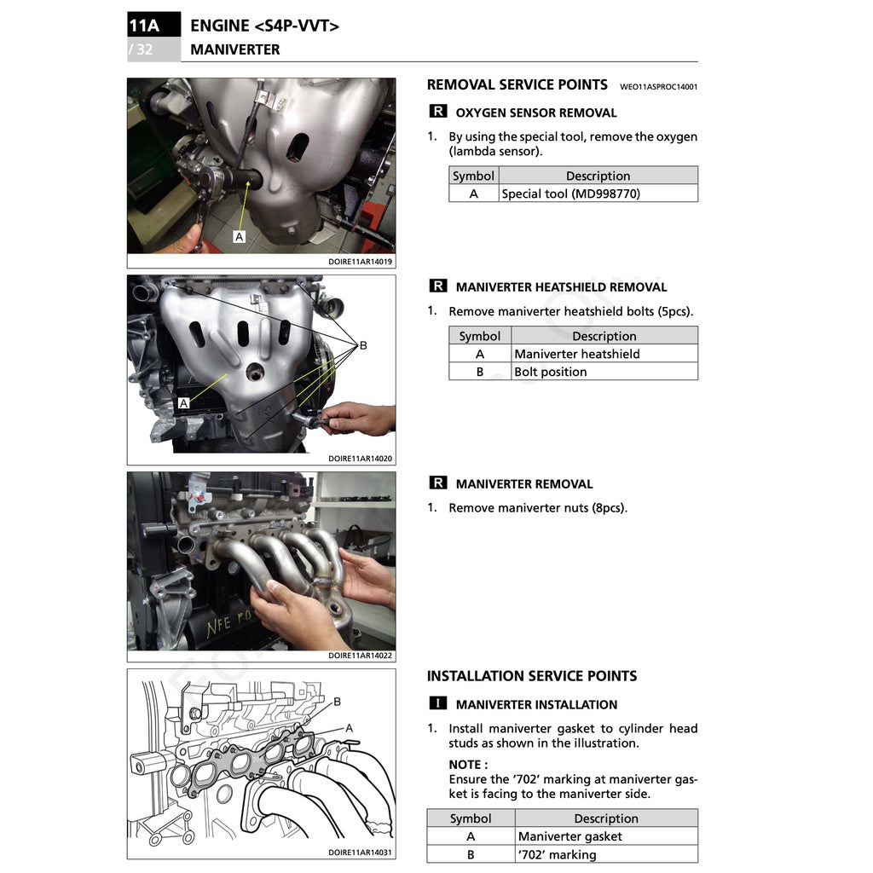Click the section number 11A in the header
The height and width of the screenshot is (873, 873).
tap(144, 26)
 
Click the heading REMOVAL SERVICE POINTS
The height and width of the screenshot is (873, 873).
tap(517, 84)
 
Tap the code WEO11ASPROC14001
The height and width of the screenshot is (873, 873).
tap(658, 86)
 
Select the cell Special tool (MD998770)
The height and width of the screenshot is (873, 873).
tap(570, 194)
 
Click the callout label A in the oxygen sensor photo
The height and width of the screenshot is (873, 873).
tap(239, 236)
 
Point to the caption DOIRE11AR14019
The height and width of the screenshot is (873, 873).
tap(361, 263)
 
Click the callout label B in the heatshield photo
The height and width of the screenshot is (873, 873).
tap(363, 345)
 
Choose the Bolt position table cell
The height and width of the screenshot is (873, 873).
tap(550, 372)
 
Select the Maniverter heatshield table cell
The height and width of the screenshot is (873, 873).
tap(576, 354)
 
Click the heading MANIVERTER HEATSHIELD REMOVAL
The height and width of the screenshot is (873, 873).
tap(561, 287)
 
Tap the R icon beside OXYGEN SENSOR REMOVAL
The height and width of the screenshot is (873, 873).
tap(437, 112)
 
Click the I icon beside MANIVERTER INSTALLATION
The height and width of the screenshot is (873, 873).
tap(437, 704)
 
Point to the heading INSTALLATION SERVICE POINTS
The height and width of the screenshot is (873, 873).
tap(531, 676)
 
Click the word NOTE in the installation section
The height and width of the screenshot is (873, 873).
tap(468, 765)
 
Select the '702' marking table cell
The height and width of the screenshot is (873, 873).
tap(557, 854)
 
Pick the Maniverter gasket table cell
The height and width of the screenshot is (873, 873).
tap(569, 836)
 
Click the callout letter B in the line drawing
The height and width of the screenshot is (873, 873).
tap(337, 702)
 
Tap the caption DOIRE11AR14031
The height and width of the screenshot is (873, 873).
tap(361, 853)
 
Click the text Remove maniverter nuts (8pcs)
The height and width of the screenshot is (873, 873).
tap(537, 508)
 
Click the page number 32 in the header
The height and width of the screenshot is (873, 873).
tap(144, 49)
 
